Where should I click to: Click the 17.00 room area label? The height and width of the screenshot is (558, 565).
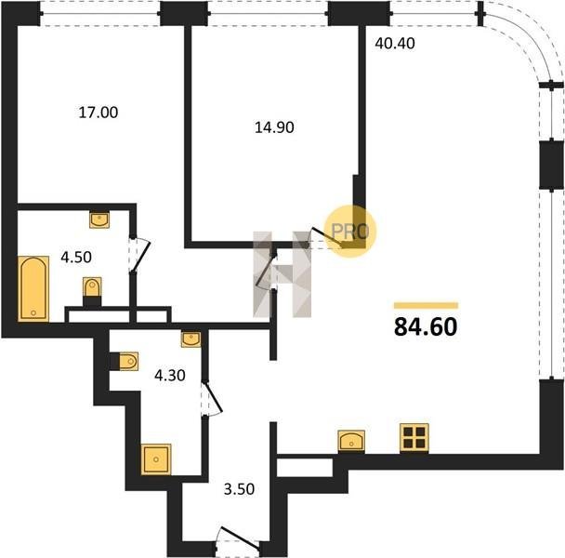[x=98, y=113]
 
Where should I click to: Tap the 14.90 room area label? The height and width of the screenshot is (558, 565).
[x=274, y=127]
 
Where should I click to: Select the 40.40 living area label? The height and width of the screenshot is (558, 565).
[x=395, y=44]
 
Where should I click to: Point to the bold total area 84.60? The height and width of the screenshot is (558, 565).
[x=426, y=326]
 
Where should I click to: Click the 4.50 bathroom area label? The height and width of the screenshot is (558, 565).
[x=76, y=258]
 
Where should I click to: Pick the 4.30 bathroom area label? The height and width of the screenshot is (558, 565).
[x=170, y=376]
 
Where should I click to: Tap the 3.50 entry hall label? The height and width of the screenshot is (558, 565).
[x=239, y=489]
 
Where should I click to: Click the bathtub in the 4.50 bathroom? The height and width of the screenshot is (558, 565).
[x=33, y=288]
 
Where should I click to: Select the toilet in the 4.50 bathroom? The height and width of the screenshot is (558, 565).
[x=92, y=291]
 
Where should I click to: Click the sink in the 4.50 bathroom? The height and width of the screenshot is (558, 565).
[x=99, y=220]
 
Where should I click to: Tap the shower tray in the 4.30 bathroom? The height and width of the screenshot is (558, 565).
[x=156, y=459]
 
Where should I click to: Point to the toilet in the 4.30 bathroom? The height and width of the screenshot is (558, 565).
[x=125, y=361]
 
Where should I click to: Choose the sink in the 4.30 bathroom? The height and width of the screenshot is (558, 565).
[x=191, y=339]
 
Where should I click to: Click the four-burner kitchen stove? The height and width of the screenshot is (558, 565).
[x=414, y=438]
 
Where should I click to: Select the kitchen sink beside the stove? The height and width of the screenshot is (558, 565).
[x=351, y=441]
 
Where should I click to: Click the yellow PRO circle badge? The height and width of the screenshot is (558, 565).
[x=350, y=231]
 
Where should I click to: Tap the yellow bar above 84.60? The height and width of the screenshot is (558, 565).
[x=426, y=306]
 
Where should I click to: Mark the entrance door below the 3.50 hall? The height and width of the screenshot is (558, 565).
[x=239, y=538]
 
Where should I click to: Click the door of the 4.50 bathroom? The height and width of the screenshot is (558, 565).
[x=139, y=254]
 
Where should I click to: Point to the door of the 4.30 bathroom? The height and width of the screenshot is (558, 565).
[x=212, y=399]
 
